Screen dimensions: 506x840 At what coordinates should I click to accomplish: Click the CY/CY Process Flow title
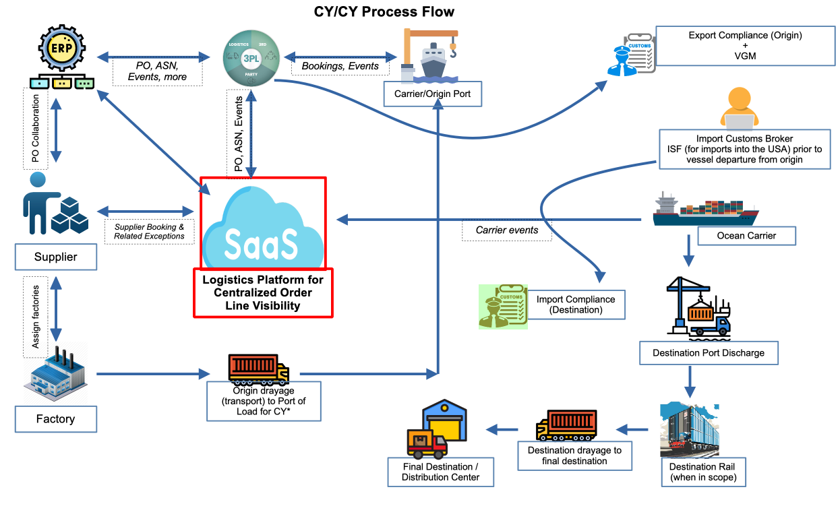(x=384, y=11)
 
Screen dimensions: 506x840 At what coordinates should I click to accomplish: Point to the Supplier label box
(x=55, y=257)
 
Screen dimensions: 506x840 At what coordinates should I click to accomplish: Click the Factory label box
(x=55, y=419)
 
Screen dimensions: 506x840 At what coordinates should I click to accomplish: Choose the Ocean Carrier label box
(x=746, y=236)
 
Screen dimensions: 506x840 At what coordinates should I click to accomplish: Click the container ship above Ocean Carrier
(x=704, y=210)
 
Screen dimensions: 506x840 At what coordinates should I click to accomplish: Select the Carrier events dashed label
(x=507, y=230)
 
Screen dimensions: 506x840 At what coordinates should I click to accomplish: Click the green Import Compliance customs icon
(x=503, y=306)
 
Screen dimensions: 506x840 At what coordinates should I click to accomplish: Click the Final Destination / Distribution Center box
(x=440, y=472)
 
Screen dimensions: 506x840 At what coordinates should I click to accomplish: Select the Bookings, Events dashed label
(x=340, y=66)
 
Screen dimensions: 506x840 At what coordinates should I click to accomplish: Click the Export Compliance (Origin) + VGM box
(x=745, y=46)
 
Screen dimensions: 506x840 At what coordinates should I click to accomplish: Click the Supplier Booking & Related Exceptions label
(x=149, y=232)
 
